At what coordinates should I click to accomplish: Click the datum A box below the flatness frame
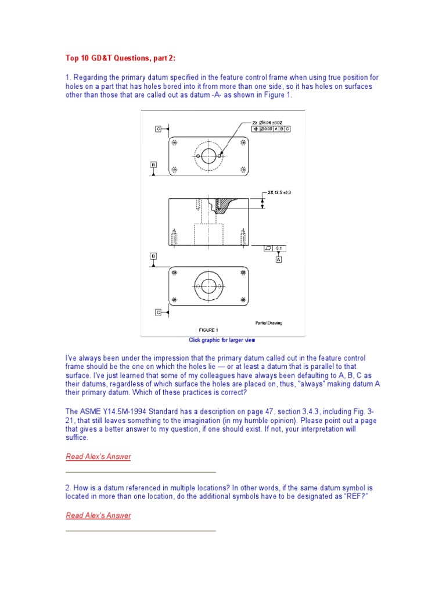pos(278,260)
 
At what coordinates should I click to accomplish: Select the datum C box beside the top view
pos(158,128)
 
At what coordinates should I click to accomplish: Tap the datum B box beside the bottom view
pos(153,256)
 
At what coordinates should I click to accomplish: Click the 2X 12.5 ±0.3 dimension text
pos(279,191)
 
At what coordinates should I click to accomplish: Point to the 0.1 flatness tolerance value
pos(279,249)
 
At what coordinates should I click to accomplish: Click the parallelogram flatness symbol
pos(268,249)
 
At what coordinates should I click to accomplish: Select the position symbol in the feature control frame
pos(256,128)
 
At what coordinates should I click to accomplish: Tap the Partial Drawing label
pos(268,322)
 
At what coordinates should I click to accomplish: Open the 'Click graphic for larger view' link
pos(222,340)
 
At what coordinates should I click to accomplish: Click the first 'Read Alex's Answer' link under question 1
pos(98,457)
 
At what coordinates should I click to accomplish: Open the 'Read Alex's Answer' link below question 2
pos(98,515)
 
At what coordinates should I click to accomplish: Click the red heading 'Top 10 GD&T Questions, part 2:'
pos(119,59)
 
